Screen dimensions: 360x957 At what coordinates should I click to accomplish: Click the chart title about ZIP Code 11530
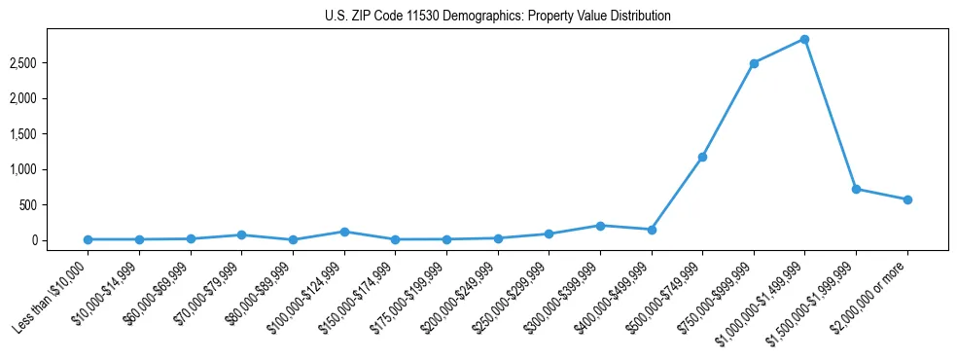coord(497,17)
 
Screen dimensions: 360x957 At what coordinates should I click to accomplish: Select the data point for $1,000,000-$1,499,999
coord(804,40)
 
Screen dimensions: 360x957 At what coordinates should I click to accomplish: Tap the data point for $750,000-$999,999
coord(754,63)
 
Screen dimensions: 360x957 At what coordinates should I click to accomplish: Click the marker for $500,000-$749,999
coord(702,157)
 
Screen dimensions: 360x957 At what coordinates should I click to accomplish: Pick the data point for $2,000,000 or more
coord(907,199)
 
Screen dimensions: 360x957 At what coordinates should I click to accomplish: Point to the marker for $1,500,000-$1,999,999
coord(856,189)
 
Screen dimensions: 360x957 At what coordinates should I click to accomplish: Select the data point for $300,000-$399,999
coord(600,226)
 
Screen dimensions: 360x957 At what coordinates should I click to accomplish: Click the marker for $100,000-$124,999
coord(343,232)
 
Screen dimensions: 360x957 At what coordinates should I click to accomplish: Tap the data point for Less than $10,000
coord(88,239)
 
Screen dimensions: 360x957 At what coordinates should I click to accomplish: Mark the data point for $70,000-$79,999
coord(241,234)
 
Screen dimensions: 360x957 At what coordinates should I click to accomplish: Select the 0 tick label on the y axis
coord(59,240)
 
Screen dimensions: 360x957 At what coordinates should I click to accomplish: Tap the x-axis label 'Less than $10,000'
coord(54,294)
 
